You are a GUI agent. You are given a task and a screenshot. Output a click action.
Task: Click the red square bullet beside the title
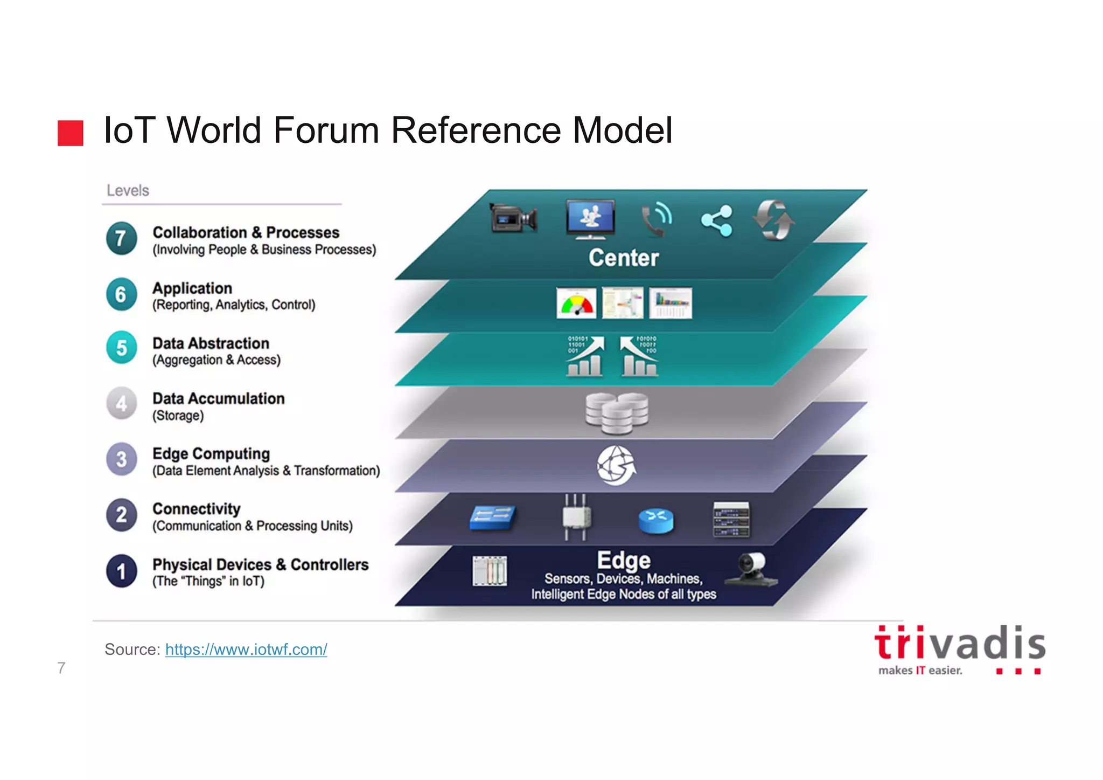pos(71,133)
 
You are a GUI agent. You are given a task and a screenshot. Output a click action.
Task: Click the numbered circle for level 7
pos(121,238)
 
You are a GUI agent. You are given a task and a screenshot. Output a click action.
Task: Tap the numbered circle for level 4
pos(122,403)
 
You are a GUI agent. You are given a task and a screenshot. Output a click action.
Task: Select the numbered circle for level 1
pos(122,571)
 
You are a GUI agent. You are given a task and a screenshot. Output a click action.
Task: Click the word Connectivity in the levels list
pos(197,509)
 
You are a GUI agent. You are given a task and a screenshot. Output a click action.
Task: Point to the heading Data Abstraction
pos(211,343)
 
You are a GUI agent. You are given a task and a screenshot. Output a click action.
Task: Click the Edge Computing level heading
pos(211,454)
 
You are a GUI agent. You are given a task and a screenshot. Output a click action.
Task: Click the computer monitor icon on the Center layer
pos(590,218)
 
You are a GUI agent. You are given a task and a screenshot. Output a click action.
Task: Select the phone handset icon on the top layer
pos(657,219)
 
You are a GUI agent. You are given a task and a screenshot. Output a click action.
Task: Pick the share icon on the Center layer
pos(717,220)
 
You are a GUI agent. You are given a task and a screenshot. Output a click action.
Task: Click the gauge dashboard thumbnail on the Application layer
pos(576,303)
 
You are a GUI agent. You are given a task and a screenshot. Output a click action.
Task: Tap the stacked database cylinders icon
pos(617,413)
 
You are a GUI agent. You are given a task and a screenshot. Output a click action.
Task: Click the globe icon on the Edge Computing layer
pos(616,465)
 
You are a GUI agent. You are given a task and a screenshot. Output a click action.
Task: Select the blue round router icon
pos(655,520)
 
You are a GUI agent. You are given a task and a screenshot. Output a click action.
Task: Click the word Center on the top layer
pos(624,258)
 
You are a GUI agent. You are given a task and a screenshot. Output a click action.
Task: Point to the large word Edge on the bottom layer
pos(624,561)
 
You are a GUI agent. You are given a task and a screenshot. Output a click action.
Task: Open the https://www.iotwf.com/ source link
pos(246,650)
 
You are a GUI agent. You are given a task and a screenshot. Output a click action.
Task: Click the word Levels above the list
pos(128,190)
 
